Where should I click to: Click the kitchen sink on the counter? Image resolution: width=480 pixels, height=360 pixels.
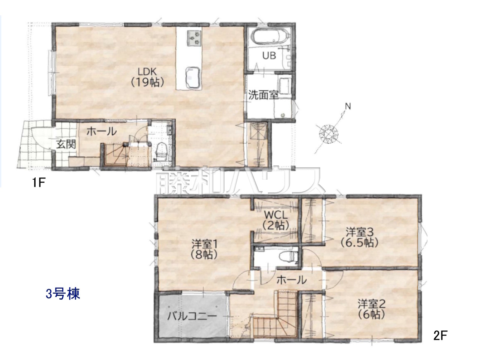(192, 78)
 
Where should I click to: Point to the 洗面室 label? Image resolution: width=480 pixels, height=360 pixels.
(263, 95)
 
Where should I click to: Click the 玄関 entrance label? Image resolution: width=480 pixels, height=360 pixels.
(66, 144)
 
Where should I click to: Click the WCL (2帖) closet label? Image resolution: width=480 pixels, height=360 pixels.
(276, 220)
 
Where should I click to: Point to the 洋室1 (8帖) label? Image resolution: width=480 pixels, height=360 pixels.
(204, 249)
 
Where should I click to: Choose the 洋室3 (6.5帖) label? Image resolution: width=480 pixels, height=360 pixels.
(359, 238)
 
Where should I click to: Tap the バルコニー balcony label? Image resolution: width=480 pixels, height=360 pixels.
(192, 316)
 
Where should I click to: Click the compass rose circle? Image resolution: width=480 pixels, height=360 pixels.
(328, 133)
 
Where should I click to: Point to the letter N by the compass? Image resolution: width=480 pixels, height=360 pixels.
(348, 106)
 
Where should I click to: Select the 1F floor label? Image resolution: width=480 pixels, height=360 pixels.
(39, 182)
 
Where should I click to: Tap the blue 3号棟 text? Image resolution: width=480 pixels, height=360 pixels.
(63, 294)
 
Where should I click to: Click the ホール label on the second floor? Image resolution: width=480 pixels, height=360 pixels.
(292, 280)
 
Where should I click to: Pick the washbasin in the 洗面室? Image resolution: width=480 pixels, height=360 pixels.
(284, 85)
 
